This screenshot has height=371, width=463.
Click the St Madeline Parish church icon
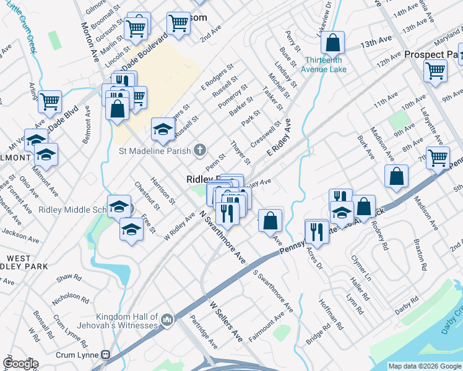(199, 150)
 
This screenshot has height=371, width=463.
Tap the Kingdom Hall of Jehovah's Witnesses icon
(167, 320)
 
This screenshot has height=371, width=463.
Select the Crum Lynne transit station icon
(106, 355)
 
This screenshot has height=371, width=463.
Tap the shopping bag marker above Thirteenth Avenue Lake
(333, 43)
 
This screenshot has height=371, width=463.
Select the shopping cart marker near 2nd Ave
(178, 23)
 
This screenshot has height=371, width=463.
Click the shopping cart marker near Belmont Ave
(50, 101)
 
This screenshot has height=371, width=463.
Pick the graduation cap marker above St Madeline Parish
(163, 129)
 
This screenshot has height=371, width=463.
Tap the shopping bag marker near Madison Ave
(396, 176)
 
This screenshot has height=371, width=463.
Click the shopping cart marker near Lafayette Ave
(438, 157)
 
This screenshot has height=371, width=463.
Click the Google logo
(21, 364)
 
